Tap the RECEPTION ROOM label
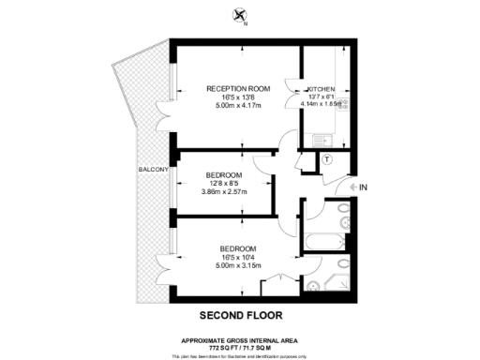click(237, 88)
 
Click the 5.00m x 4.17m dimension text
click(237, 106)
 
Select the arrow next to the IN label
click(352, 188)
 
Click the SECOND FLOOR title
click(239, 315)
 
